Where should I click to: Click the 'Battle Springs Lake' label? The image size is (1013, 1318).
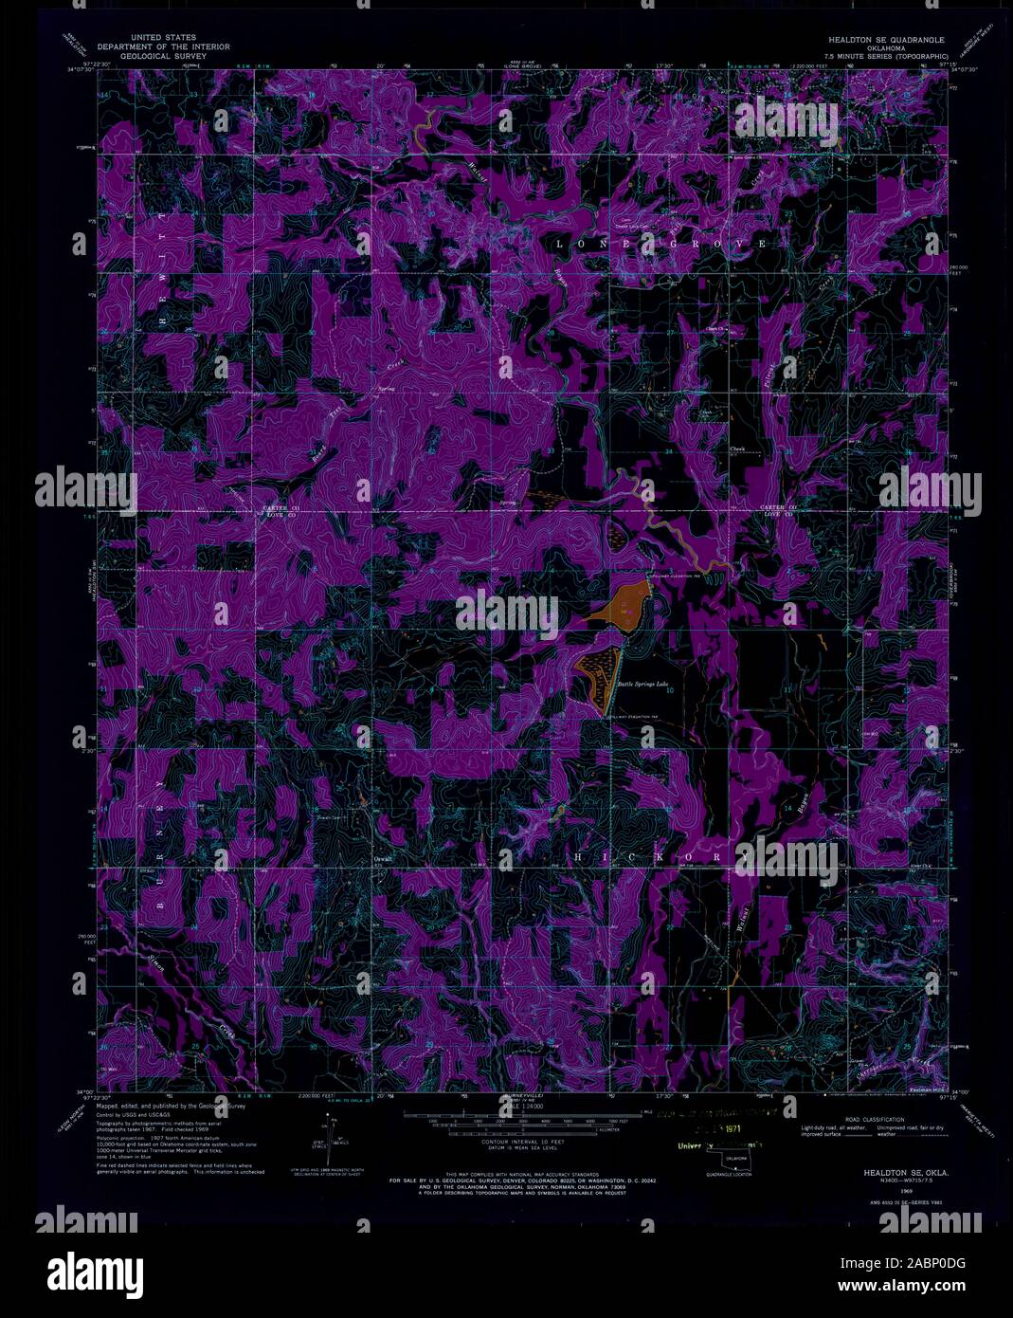644,682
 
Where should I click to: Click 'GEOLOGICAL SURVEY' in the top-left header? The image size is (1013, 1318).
165,56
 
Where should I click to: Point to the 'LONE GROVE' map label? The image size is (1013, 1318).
660,244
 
